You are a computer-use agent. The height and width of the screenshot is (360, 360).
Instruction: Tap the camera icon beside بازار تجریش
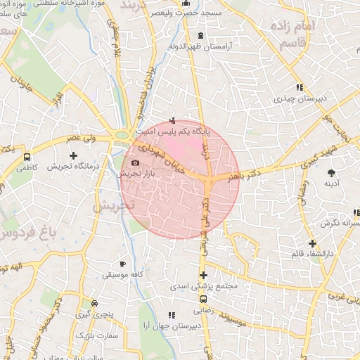pyautogui.click(x=135, y=163)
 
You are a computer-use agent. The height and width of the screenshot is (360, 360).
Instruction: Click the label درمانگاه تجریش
pyautogui.click(x=72, y=167)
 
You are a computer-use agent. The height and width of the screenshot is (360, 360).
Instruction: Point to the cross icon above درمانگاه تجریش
pyautogui.click(x=72, y=155)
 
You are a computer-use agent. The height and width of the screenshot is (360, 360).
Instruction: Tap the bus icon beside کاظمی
pyautogui.click(x=27, y=157)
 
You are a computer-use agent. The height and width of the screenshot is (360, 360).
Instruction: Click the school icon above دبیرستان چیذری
pyautogui.click(x=300, y=88)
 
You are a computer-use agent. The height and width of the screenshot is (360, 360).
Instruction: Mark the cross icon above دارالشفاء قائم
pyautogui.click(x=312, y=243)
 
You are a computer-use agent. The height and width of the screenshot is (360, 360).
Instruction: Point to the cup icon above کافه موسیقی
pyautogui.click(x=123, y=264)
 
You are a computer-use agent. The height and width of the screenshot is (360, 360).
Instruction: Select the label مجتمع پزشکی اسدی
pyautogui.click(x=205, y=286)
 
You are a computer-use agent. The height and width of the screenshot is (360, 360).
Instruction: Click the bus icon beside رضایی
pyautogui.click(x=202, y=298)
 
